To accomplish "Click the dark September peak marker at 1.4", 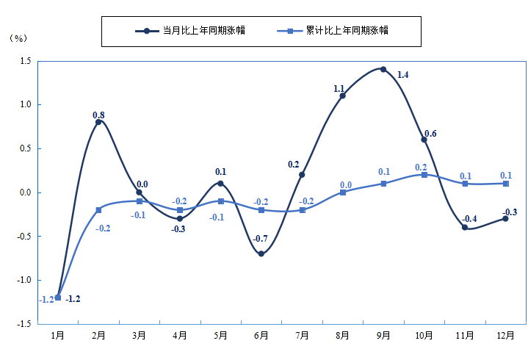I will point(383,69).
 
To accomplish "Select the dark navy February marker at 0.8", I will point(98,122).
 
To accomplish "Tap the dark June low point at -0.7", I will point(261,253).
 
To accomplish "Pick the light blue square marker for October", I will point(424,175).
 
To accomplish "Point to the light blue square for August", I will point(343,192).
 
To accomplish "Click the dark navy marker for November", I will point(465,228).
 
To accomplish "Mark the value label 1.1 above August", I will point(339,89).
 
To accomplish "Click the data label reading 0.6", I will point(430,134).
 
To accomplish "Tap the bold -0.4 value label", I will point(470,218).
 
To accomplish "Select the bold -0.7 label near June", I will point(260,239).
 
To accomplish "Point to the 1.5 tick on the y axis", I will point(23,61).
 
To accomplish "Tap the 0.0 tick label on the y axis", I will point(23,192).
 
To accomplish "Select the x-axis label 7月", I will point(302,335).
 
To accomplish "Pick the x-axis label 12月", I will point(505,335).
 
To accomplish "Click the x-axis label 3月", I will point(139,335).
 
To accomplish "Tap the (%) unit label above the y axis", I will point(17,38).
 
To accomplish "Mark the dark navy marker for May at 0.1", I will point(220,184).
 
